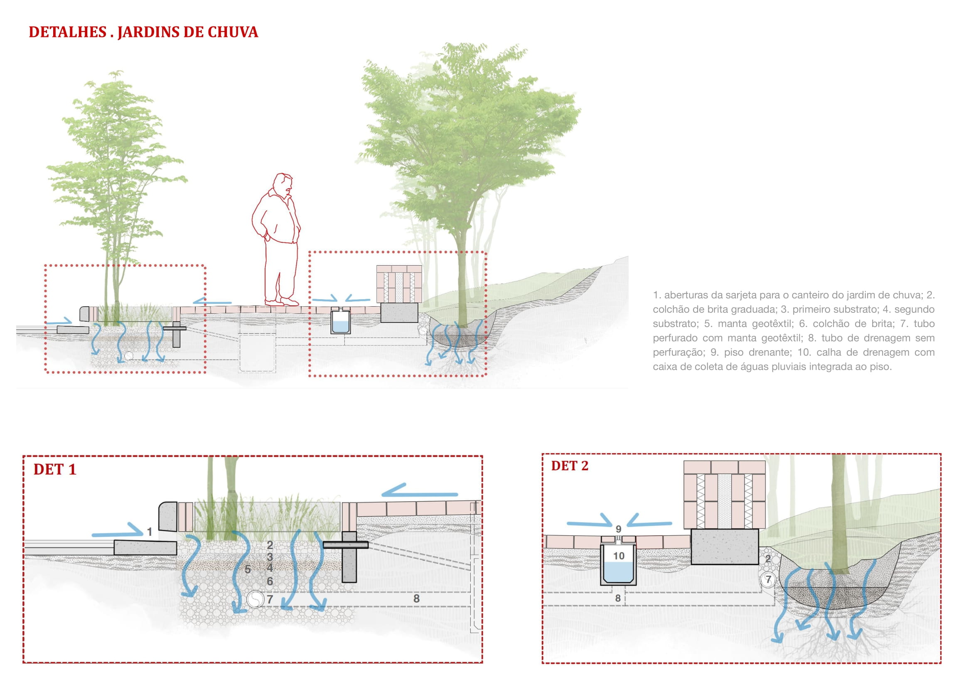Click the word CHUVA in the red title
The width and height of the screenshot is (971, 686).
coord(233,32)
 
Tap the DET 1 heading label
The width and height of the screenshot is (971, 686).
coord(55,470)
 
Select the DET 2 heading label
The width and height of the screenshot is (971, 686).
coord(569,466)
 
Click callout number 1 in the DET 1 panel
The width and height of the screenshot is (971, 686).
coord(149,532)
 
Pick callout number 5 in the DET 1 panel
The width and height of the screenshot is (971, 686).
coord(248,569)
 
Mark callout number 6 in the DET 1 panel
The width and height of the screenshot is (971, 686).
coord(270,581)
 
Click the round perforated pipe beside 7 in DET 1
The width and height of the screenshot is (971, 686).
coord(255,599)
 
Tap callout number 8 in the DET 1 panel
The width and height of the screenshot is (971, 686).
coord(417,598)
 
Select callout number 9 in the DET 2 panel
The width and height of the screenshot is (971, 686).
coord(618,529)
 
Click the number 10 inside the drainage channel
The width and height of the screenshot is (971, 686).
coord(619,556)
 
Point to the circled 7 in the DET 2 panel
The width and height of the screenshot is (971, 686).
coord(768,579)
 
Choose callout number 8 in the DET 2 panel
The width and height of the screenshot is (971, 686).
coord(618,598)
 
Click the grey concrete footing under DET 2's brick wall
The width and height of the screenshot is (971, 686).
coord(725,547)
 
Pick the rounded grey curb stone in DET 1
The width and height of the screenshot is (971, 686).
coord(168,516)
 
